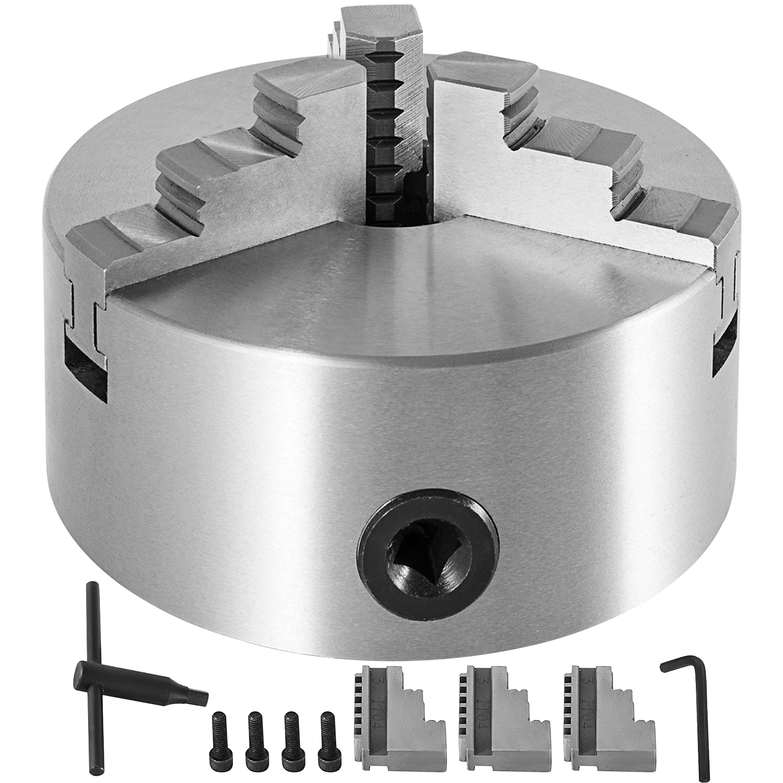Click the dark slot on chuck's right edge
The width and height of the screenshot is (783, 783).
[724, 343]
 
